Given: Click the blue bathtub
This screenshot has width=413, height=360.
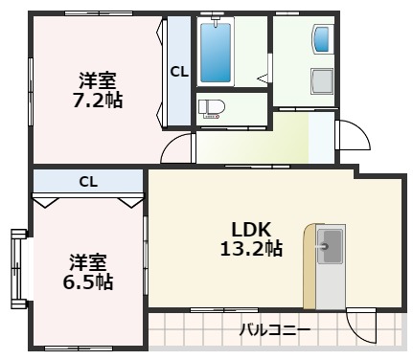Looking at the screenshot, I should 217,52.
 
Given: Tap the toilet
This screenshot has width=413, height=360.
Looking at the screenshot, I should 209,108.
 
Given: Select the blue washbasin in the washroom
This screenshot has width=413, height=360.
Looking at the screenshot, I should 322,39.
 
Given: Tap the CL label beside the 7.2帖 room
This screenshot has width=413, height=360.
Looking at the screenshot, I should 179,71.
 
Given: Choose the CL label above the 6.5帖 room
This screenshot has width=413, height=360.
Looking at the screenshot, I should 88,180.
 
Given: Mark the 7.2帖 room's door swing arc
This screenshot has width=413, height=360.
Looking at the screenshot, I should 176,148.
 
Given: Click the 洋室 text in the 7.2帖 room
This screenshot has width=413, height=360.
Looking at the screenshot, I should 99,80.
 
